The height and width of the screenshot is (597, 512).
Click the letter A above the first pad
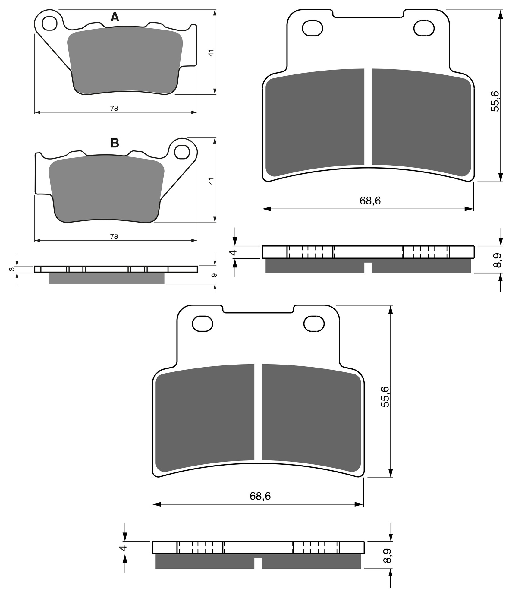pos(115,17)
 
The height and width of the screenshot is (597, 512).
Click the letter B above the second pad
pos(115,143)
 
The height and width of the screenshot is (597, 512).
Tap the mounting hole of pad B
pos(182,152)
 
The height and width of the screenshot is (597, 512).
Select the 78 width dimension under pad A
pos(114,109)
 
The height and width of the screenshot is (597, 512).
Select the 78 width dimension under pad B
pos(114,237)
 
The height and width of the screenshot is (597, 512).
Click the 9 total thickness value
pos(215,275)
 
